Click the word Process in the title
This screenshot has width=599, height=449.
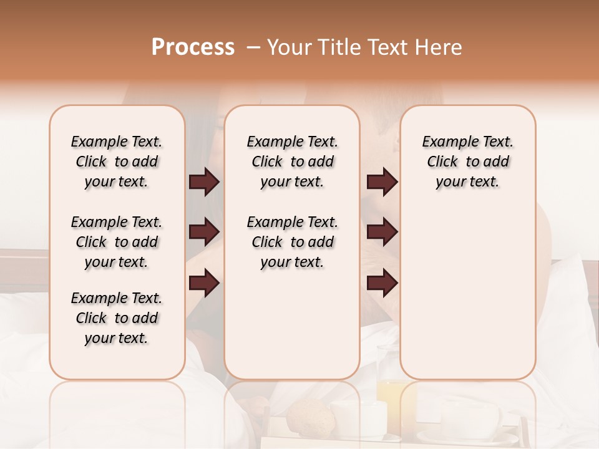point(193,47)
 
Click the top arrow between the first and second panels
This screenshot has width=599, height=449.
point(204,182)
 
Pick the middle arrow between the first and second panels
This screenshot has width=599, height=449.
point(204,233)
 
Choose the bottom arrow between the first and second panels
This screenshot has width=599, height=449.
point(204,283)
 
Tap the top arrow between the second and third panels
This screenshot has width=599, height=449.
point(382,182)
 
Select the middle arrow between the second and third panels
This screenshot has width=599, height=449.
point(382,233)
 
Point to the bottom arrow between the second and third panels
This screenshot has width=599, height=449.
point(382,283)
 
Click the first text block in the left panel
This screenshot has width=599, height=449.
point(117,162)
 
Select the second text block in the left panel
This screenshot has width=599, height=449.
point(117,242)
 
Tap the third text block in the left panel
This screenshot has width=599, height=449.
point(117,318)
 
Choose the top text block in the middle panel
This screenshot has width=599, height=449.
point(292,162)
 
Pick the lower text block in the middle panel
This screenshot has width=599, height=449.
point(292,242)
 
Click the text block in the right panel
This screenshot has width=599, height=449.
point(467,162)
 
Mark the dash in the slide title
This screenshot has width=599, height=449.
point(253,47)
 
